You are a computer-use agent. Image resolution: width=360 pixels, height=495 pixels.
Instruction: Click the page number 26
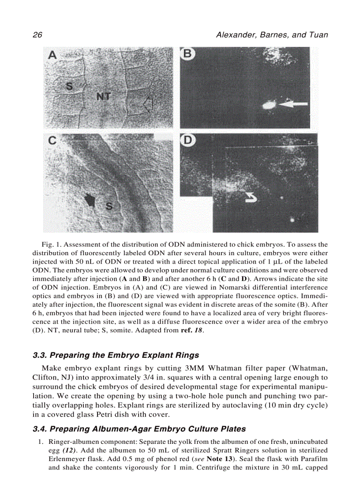(37, 35)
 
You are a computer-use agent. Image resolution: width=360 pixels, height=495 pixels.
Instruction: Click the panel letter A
(53, 55)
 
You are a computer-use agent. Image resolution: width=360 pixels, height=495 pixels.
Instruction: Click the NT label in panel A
(104, 95)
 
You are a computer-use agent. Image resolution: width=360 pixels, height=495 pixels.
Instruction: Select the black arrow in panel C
(90, 201)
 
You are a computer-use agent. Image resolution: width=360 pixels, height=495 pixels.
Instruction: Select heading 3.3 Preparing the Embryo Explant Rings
(116, 355)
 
